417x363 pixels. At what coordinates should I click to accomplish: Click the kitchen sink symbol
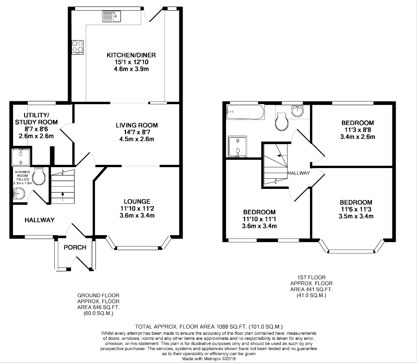[x=112, y=16]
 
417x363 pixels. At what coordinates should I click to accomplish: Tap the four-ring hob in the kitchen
[x=77, y=47]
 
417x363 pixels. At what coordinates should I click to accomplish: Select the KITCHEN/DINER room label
[x=131, y=55]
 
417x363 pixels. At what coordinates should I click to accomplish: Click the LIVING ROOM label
[x=137, y=125]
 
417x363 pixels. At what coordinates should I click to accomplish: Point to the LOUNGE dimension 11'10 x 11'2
[x=137, y=209]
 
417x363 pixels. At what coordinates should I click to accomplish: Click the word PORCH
[x=75, y=247]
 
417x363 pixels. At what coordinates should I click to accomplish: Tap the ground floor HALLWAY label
[x=40, y=220]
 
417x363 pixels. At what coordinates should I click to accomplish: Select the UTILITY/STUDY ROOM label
[x=36, y=119]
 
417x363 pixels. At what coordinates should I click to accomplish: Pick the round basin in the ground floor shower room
[x=19, y=194]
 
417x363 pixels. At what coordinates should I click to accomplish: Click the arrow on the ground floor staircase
[x=63, y=196]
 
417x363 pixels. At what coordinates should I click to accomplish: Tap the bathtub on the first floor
[x=245, y=112]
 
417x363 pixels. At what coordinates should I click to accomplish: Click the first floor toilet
[x=282, y=122]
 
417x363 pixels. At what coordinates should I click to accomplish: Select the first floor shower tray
[x=238, y=147]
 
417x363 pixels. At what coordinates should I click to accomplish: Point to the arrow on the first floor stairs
[x=281, y=155]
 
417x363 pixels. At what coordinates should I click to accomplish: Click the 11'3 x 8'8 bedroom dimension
[x=357, y=130]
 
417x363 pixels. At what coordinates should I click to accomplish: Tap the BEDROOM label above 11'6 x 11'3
[x=356, y=202]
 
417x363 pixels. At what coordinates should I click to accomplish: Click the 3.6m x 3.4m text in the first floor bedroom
[x=259, y=226]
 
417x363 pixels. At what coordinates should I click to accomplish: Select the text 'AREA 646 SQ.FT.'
[x=98, y=307]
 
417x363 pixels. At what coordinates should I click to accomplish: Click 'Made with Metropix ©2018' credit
[x=209, y=359]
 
